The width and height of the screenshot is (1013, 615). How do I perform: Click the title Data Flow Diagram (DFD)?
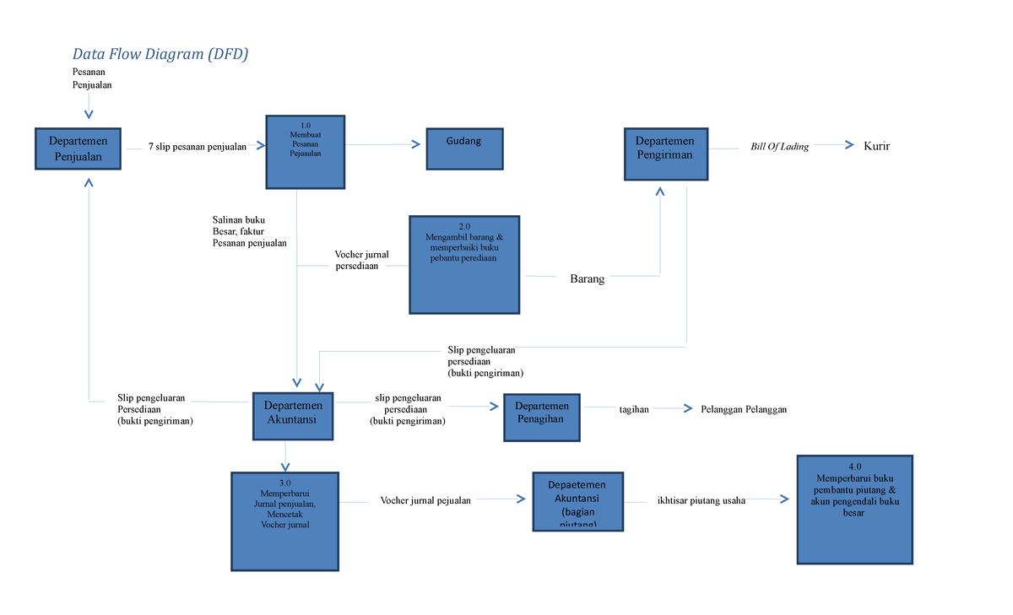coord(160,55)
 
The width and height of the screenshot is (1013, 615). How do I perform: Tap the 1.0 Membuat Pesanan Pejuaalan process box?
coord(305,152)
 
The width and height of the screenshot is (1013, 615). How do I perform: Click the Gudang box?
coord(463,149)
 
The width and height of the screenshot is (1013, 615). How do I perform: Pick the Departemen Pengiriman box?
coord(665,154)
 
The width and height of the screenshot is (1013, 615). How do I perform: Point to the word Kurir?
coord(876,146)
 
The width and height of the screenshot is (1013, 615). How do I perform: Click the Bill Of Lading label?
coord(779,147)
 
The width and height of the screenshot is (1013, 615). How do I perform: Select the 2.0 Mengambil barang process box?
coord(463,265)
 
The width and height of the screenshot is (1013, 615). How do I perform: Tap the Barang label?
coord(587,279)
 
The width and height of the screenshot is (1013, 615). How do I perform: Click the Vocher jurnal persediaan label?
coord(360,260)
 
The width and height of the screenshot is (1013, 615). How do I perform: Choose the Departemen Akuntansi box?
coord(293,415)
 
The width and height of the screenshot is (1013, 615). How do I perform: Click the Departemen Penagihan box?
coord(541,417)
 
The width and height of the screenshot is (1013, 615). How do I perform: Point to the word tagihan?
coord(634,409)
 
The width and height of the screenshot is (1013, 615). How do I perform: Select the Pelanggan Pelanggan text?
coord(744,409)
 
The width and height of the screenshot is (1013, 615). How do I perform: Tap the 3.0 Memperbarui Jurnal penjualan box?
coord(284,521)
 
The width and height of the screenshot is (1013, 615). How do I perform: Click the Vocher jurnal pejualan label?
coord(425,500)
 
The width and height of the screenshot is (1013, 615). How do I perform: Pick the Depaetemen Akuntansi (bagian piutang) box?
coord(577,501)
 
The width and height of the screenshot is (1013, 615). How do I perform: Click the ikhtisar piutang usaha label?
coord(701,500)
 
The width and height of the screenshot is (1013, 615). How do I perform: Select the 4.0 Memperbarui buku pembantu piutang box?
coord(854,510)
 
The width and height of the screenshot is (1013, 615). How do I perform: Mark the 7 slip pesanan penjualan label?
coord(197,147)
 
